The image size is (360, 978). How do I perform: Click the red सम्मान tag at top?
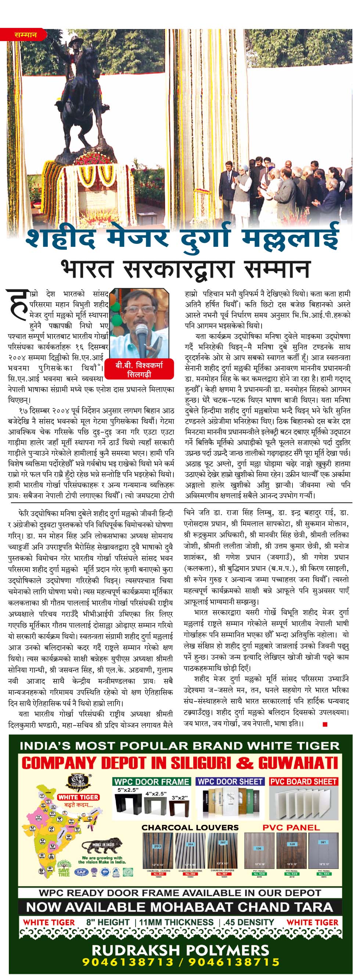pyautogui.click(x=25, y=35)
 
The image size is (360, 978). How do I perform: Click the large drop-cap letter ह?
pyautogui.click(x=18, y=303)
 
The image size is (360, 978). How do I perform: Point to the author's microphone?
pyautogui.click(x=142, y=338)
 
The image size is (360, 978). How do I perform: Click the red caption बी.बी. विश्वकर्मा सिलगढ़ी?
pyautogui.click(x=139, y=369)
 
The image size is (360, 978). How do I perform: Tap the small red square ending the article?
pyautogui.click(x=325, y=724)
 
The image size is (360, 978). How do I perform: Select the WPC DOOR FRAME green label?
pyautogui.click(x=151, y=782)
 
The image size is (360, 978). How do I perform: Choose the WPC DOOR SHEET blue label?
pyautogui.click(x=230, y=782)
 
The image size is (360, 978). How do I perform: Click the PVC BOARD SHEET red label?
pyautogui.click(x=303, y=782)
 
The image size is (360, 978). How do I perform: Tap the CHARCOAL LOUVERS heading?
pyautogui.click(x=190, y=827)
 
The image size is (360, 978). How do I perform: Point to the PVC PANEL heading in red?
pyautogui.click(x=291, y=827)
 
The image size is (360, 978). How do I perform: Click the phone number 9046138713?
pyautogui.click(x=127, y=962)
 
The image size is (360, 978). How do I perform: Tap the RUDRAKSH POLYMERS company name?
pyautogui.click(x=180, y=950)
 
